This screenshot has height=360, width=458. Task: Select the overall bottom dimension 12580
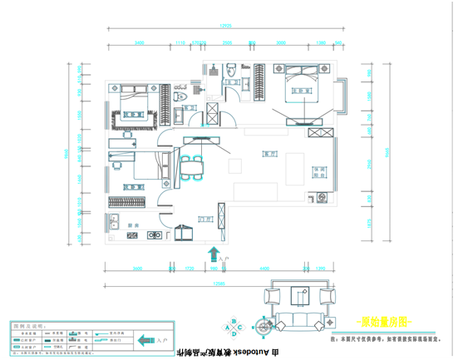click(219, 283)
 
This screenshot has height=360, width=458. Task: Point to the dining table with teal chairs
click(192, 166)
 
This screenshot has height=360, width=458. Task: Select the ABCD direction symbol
click(236, 328)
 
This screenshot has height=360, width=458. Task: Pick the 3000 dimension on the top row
click(281, 42)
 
